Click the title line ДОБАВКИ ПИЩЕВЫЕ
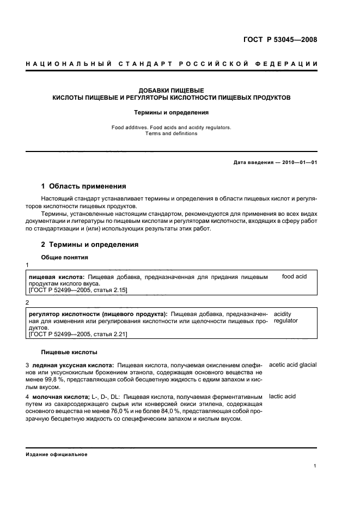click(171, 90)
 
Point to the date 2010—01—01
click(297, 162)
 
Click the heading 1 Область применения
click(84, 186)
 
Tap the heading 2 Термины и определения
click(90, 245)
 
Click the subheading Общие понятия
click(65, 257)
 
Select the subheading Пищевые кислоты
click(69, 353)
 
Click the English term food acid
click(294, 277)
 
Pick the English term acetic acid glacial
click(292, 365)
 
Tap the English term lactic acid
click(282, 396)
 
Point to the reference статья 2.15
click(109, 291)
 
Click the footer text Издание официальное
click(57, 454)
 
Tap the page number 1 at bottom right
click(315, 466)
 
